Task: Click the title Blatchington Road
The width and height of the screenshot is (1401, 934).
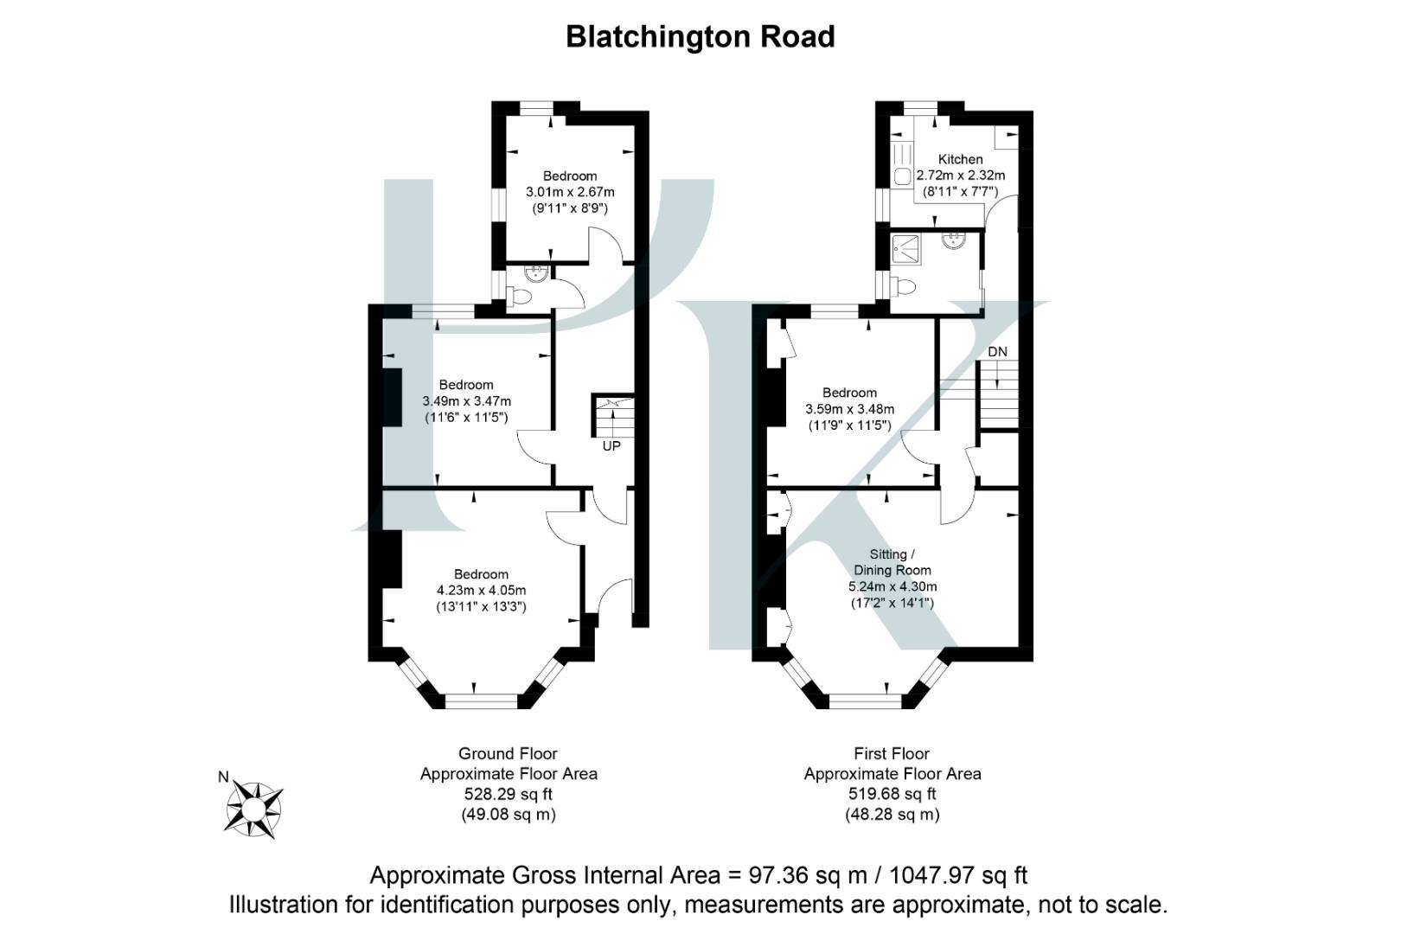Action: point(700,37)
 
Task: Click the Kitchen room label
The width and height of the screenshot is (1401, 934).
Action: point(960,159)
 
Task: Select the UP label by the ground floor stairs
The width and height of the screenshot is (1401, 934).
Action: point(611,446)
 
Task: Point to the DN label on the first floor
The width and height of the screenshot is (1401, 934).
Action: point(997,352)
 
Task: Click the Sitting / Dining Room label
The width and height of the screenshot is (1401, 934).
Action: point(892,562)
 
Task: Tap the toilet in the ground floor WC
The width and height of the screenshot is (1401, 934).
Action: point(520,297)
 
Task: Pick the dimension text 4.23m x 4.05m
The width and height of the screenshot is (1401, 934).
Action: point(481,591)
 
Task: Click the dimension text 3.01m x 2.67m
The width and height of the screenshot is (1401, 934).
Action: point(570,192)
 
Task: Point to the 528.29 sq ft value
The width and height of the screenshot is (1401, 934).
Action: point(509,794)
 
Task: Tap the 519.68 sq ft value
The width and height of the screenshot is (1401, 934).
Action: point(892,794)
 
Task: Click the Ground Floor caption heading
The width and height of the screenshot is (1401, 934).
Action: point(508,754)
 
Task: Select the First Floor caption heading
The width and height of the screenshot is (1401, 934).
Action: point(892,754)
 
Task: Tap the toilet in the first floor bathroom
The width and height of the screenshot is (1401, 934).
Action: point(905,285)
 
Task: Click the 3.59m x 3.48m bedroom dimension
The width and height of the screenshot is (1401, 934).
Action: point(849,409)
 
